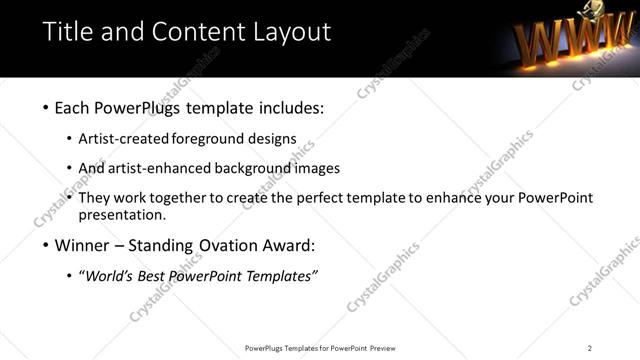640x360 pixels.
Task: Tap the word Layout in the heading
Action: [285, 32]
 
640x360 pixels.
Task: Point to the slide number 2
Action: [590, 348]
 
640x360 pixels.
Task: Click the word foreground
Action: [220, 138]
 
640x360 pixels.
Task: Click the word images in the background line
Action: [320, 168]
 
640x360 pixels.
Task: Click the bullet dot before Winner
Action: [46, 245]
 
